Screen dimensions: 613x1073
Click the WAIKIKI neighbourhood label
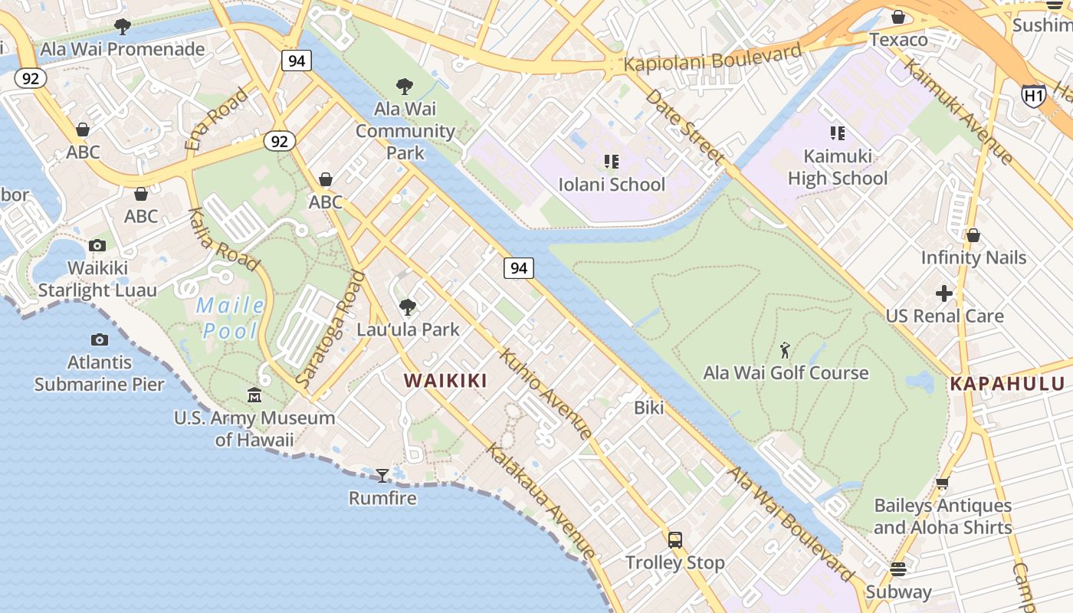pyautogui.click(x=445, y=380)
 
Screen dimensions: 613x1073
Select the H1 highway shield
pyautogui.click(x=1033, y=95)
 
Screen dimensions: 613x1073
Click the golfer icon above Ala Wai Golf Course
pyautogui.click(x=785, y=351)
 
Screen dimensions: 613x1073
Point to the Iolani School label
pyautogui.click(x=612, y=185)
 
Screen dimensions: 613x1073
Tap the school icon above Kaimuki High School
pyautogui.click(x=837, y=133)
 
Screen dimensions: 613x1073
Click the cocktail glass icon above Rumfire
pyautogui.click(x=382, y=476)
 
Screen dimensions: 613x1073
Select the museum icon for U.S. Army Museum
pyautogui.click(x=254, y=395)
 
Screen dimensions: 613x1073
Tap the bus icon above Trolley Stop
pyautogui.click(x=674, y=540)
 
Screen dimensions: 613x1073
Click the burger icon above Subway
pyautogui.click(x=898, y=569)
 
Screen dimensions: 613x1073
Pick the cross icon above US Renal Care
pyautogui.click(x=944, y=293)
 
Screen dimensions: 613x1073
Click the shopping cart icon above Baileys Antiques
pyautogui.click(x=943, y=483)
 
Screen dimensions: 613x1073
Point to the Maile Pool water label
pyautogui.click(x=230, y=318)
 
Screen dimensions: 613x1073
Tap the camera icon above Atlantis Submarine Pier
pyautogui.click(x=99, y=339)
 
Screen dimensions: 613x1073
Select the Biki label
pyautogui.click(x=648, y=408)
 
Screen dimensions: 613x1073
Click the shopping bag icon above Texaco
pyautogui.click(x=898, y=17)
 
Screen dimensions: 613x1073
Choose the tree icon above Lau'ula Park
pyautogui.click(x=408, y=307)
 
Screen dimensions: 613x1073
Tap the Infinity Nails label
pyautogui.click(x=973, y=257)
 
